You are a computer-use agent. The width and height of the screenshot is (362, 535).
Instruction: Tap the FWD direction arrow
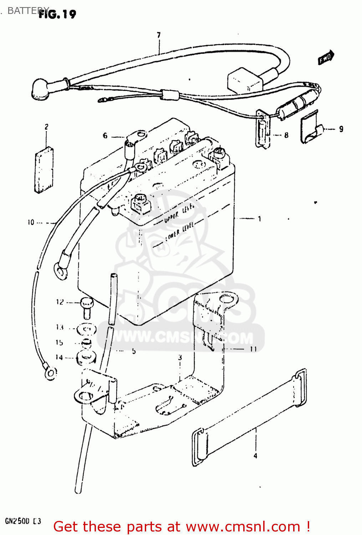pyautogui.click(x=326, y=57)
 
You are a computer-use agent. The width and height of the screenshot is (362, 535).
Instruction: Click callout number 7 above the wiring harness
pyautogui.click(x=159, y=35)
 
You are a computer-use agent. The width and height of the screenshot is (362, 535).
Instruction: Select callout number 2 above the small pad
pyautogui.click(x=46, y=127)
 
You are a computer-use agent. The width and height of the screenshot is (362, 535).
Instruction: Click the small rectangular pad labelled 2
pyautogui.click(x=44, y=169)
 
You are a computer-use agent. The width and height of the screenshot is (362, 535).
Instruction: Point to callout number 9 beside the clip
pyautogui.click(x=341, y=129)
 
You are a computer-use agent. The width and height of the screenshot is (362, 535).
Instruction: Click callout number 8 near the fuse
pyautogui.click(x=286, y=135)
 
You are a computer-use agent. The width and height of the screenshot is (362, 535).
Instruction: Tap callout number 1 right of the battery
pyautogui.click(x=259, y=219)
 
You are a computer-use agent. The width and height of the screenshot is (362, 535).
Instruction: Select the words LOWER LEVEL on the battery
pyautogui.click(x=180, y=231)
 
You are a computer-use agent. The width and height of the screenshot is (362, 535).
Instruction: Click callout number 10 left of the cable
pyautogui.click(x=31, y=223)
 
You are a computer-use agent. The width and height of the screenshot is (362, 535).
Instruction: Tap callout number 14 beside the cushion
pyautogui.click(x=59, y=357)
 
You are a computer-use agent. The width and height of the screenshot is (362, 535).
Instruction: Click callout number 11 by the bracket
pyautogui.click(x=253, y=349)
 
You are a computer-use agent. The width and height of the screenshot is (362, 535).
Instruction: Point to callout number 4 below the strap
pyautogui.click(x=255, y=455)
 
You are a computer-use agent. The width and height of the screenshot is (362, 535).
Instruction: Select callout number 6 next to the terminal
pyautogui.click(x=105, y=136)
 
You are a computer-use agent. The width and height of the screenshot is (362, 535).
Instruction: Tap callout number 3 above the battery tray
pyautogui.click(x=180, y=357)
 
